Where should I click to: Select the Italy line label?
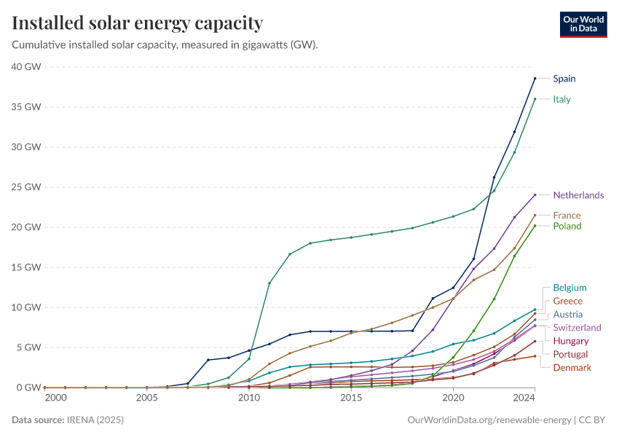tap(561, 99)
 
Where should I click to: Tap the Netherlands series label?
tap(578, 195)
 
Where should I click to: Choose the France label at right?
tap(567, 215)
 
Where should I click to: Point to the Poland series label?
tap(567, 226)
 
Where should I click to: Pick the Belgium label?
tap(569, 288)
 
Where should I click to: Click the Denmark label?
tap(572, 368)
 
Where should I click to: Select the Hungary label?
tap(571, 341)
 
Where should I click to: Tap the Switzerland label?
tap(577, 328)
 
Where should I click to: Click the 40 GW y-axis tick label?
tap(26, 66)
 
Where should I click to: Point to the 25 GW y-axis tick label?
tap(26, 187)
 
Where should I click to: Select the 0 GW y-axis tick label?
tap(29, 387)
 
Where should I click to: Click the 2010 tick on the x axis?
tap(249, 398)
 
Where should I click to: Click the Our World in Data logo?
tap(583, 24)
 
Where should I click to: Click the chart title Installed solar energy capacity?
tap(137, 23)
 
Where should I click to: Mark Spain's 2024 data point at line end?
tap(535, 78)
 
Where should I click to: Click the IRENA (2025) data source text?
tap(95, 420)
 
